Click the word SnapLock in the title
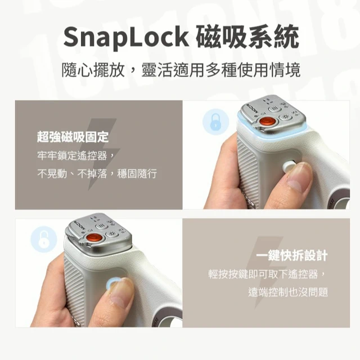[x=126, y=37]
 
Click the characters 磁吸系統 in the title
[x=247, y=37]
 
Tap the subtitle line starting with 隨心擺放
[x=181, y=70]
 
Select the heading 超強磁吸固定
[x=73, y=137]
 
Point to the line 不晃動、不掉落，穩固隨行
[x=97, y=174]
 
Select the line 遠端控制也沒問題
[x=288, y=292]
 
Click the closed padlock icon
[x=215, y=122]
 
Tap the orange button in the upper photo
[x=267, y=121]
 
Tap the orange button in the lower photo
[x=94, y=237]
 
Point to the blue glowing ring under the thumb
[x=111, y=283]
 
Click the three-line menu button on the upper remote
[x=274, y=109]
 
